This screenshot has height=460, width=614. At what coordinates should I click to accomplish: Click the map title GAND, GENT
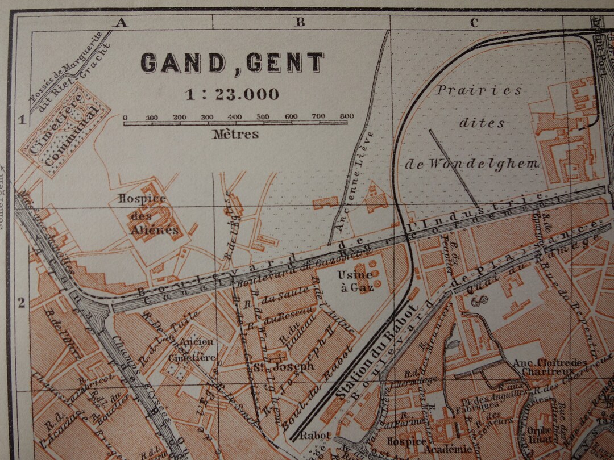[x=232, y=62]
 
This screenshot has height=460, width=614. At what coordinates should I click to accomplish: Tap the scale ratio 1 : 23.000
[x=232, y=94]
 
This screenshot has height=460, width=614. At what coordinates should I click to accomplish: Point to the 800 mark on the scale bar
[x=346, y=116]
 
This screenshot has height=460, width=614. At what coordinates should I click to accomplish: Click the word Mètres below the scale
[x=235, y=135]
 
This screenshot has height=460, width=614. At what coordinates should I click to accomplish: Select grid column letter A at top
[x=120, y=23]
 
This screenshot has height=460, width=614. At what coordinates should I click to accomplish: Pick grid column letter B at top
[x=300, y=23]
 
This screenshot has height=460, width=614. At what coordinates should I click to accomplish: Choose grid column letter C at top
[x=474, y=23]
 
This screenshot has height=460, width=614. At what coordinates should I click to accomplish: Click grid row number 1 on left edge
[x=22, y=119]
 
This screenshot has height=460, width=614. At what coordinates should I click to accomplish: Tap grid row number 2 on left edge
[x=22, y=303]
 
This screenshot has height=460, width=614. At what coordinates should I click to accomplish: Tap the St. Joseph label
[x=284, y=366]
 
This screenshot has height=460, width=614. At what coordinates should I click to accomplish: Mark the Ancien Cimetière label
[x=197, y=349]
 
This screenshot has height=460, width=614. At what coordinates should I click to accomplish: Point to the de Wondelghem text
[x=471, y=164]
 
